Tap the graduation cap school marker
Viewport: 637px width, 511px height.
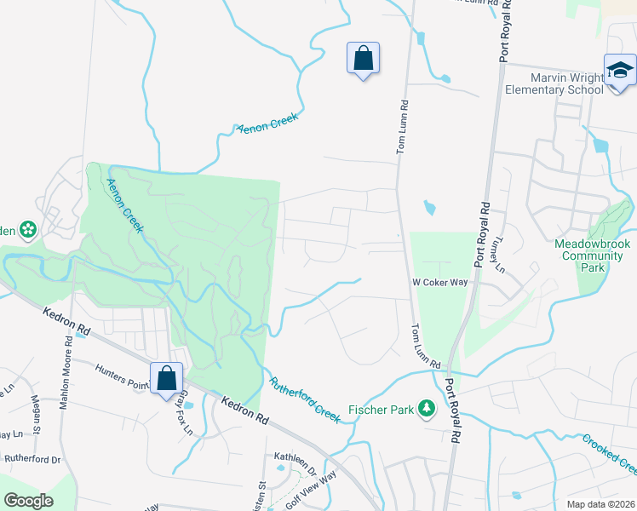pos(620,70)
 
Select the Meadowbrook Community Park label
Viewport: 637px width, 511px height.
pos(588,255)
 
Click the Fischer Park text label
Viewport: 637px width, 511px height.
pos(381,410)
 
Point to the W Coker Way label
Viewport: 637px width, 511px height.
pos(439,283)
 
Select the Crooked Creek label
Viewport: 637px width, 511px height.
pos(610,455)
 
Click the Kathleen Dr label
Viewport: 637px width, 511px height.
pos(295,468)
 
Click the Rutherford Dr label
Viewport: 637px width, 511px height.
pos(32,458)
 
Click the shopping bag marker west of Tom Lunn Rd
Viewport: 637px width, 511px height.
pos(363,59)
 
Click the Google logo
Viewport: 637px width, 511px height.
pos(29,501)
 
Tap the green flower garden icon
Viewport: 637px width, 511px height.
pos(27,228)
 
